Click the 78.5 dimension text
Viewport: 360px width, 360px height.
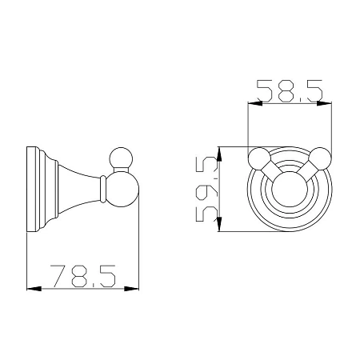point(83,276)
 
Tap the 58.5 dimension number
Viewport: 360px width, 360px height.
point(290,90)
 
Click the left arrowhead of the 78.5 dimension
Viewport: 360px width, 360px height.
point(34,289)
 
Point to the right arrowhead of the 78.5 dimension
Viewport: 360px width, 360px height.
point(132,289)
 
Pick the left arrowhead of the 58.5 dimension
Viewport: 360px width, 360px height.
point(255,103)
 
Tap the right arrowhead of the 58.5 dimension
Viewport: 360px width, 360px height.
point(324,103)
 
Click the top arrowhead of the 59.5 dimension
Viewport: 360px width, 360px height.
point(219,154)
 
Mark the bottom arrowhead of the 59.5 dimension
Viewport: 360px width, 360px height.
point(219,224)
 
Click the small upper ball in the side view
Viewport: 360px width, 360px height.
point(121,159)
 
